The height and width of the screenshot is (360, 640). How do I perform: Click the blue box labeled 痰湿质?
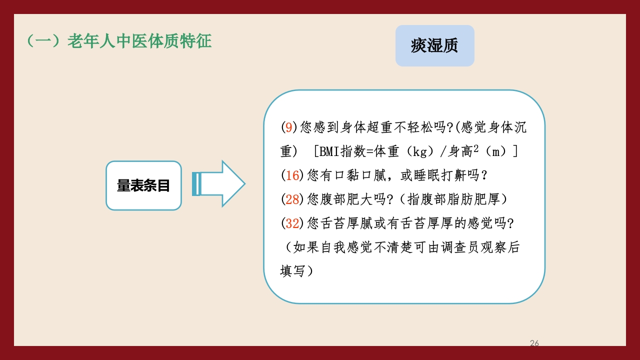coord(434,46)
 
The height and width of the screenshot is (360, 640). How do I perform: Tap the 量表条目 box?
coord(143,185)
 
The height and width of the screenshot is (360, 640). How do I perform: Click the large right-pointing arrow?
coord(222,183)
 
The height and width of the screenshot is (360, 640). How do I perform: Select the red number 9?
coord(288,127)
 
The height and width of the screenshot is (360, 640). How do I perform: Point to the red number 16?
coord(292,175)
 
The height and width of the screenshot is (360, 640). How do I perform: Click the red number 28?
coord(292,199)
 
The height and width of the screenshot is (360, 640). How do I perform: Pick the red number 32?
coord(292,223)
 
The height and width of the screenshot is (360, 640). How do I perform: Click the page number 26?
coord(534,343)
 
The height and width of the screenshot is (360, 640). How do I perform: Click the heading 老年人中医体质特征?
coord(139,41)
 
